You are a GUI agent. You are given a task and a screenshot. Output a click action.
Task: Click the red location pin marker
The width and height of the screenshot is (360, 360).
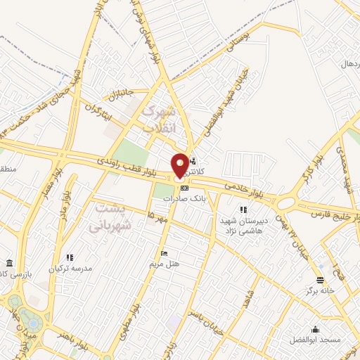180,165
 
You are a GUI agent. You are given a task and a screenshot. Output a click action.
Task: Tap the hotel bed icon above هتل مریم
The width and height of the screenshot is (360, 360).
164,254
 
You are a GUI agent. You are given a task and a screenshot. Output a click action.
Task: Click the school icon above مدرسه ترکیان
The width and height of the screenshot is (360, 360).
68,258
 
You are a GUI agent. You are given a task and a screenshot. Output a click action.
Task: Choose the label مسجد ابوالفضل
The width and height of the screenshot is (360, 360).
314,340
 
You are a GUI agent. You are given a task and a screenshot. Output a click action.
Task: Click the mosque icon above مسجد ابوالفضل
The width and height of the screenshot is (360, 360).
314,329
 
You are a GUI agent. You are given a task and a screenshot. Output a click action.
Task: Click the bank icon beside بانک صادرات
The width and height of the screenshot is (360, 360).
184,188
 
